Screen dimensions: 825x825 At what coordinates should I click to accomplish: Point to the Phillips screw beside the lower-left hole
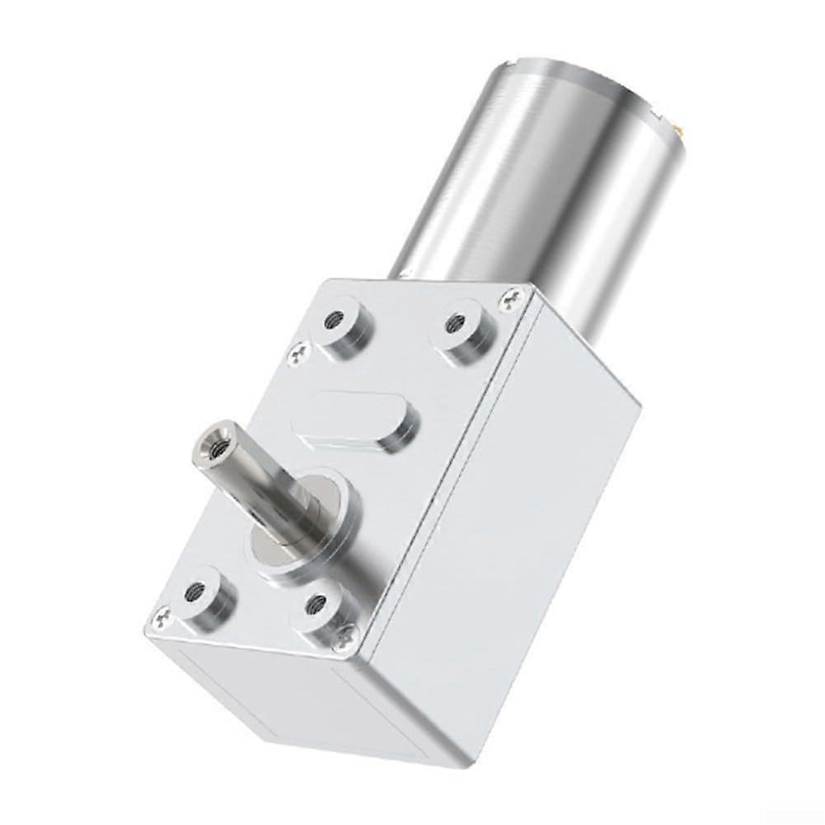pos(162,615)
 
